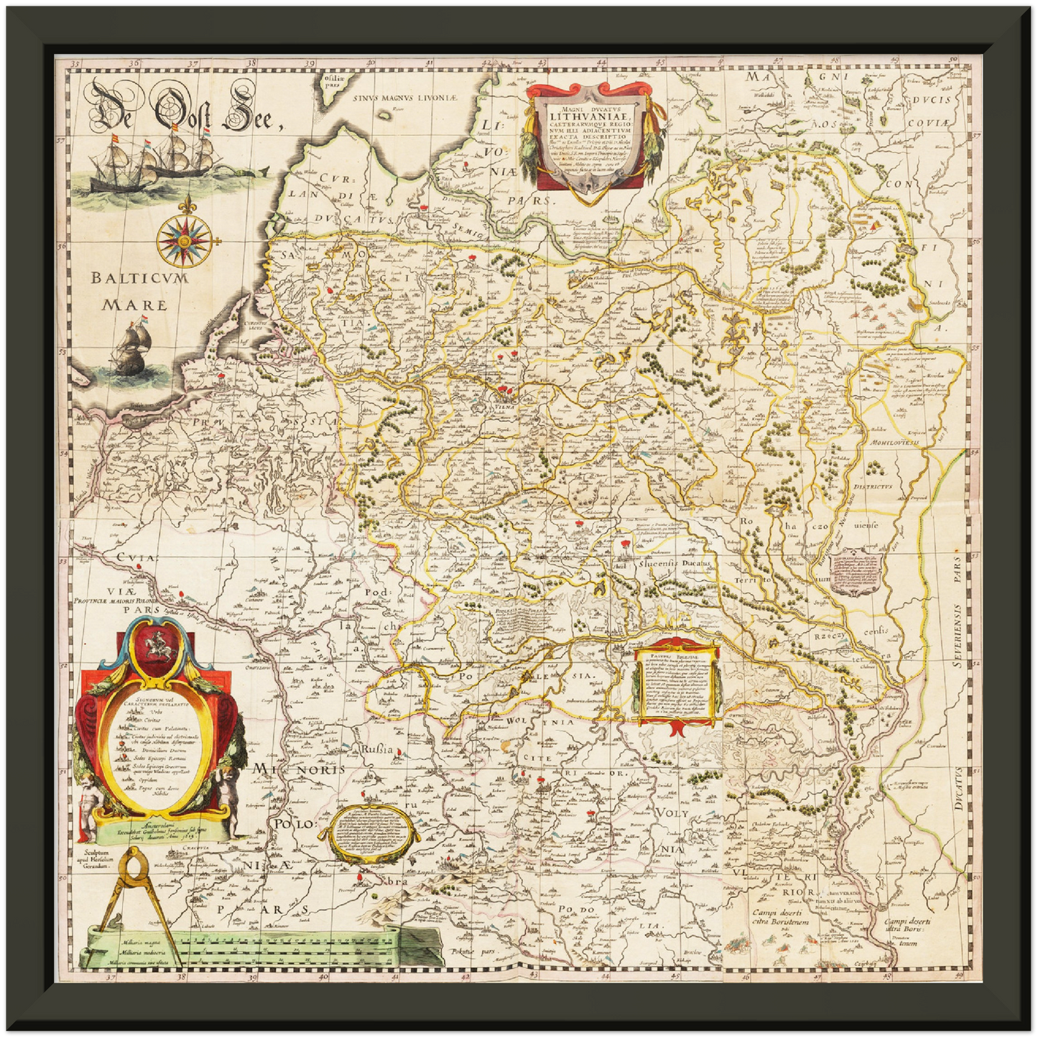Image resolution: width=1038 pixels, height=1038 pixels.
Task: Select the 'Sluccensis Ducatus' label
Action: (675, 565)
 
